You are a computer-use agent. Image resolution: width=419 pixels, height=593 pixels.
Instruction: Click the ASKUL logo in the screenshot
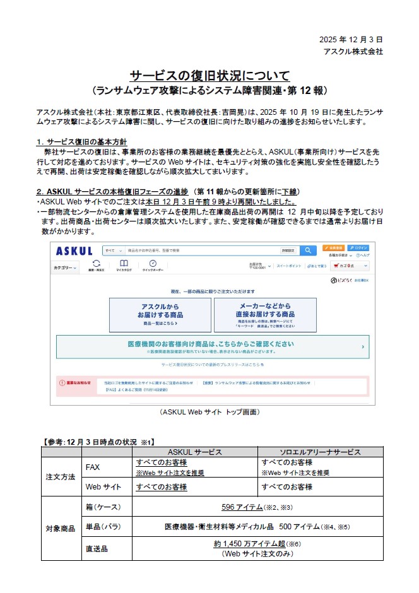tap(74, 250)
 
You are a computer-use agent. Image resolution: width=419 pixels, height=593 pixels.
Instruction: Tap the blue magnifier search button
tap(307, 250)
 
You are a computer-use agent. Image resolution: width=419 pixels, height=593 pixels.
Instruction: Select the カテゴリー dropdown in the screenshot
tap(66, 267)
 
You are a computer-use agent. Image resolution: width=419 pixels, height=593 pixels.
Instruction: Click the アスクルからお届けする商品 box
tap(160, 314)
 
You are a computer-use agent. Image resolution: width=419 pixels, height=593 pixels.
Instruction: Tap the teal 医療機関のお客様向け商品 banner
tap(213, 346)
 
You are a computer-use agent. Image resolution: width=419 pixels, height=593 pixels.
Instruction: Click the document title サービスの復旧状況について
tap(209, 76)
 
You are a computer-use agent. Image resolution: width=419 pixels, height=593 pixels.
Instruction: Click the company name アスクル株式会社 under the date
tap(352, 51)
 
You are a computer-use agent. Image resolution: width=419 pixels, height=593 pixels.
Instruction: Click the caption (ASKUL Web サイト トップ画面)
tap(209, 412)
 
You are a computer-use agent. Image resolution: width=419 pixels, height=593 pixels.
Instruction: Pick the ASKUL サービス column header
tap(194, 452)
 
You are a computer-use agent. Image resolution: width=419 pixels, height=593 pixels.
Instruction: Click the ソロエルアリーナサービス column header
tap(310, 452)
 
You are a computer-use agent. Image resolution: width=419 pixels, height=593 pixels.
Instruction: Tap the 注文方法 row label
tap(61, 476)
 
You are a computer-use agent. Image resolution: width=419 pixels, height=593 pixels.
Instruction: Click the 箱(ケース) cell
tap(103, 507)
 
